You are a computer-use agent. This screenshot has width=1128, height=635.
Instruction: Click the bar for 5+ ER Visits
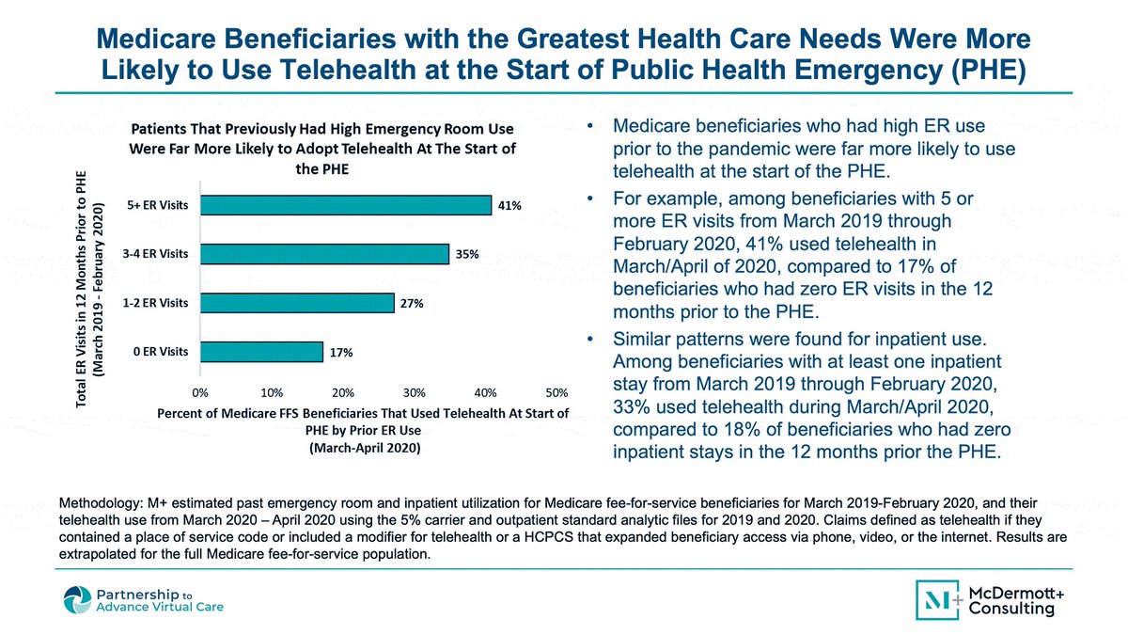coord(346,205)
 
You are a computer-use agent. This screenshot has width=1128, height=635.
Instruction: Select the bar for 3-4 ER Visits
coord(325,254)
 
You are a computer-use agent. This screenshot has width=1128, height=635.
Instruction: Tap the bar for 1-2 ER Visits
coord(297,303)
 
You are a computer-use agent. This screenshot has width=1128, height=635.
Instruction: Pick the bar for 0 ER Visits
coord(262,352)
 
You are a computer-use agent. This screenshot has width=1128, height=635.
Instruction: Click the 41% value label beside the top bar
coord(509,206)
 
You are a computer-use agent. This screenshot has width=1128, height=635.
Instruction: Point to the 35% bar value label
coord(467,255)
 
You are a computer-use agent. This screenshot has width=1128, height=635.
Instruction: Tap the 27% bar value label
coord(412,303)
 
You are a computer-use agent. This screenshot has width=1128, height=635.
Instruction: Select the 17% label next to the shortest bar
coord(341,353)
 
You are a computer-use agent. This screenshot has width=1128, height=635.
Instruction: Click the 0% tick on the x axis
coord(200,392)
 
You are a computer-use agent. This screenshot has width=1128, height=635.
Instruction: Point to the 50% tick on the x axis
coord(556,392)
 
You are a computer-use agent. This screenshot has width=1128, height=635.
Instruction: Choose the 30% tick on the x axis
coord(414,392)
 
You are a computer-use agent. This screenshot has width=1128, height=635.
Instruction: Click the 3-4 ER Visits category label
coord(156,254)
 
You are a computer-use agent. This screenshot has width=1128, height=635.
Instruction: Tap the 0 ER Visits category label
coord(161,352)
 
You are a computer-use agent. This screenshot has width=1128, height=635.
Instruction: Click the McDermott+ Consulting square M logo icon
coord(937,600)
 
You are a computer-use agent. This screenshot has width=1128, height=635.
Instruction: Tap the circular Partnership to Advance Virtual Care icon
coord(77,600)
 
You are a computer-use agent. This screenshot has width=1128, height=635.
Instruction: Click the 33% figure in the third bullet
coord(632,407)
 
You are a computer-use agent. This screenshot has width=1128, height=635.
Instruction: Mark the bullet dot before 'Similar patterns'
coord(590,340)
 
